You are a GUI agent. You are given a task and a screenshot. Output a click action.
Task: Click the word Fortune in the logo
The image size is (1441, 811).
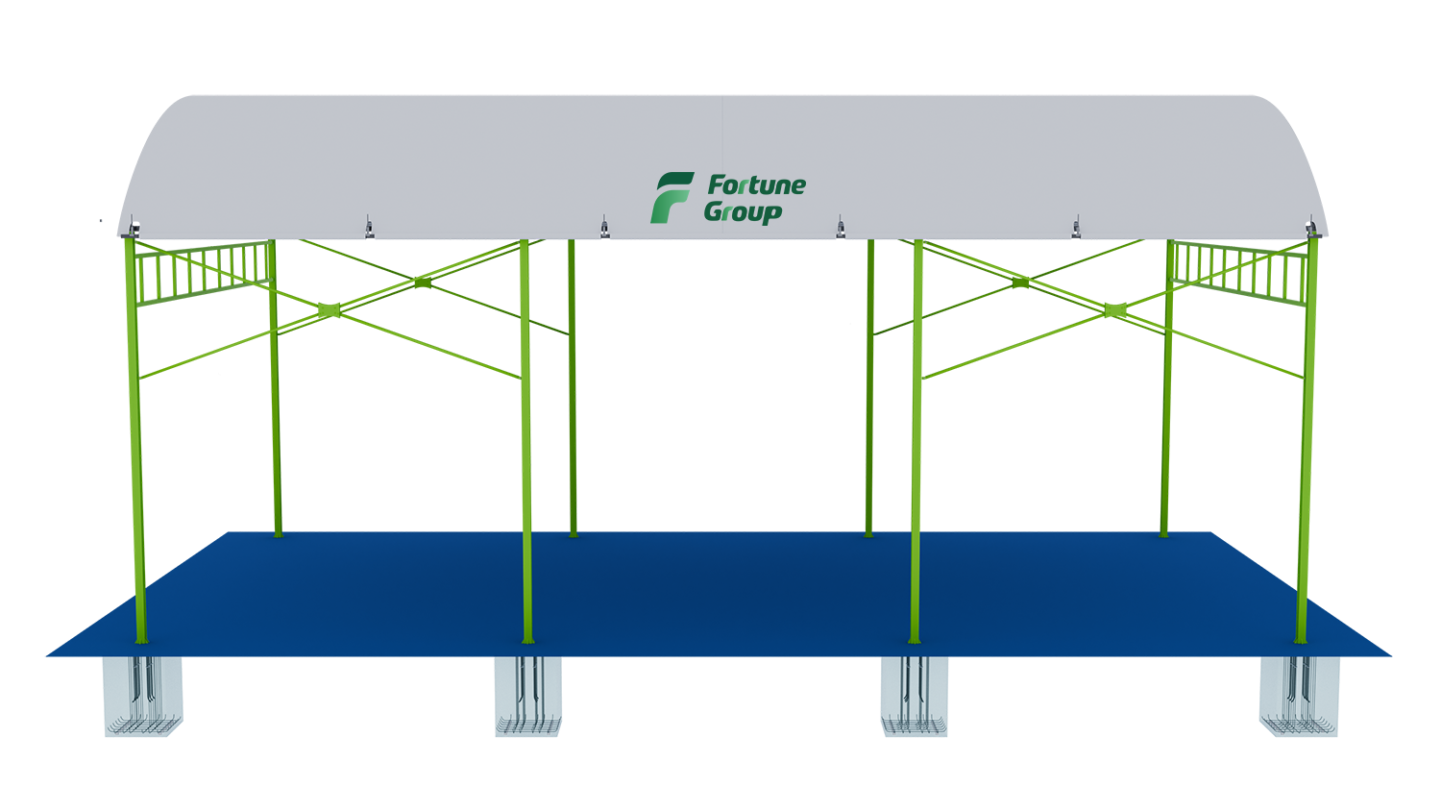756,184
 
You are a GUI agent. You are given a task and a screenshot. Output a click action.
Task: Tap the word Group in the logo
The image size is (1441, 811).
743,211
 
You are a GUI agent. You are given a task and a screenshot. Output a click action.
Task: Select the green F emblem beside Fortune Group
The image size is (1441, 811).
671,198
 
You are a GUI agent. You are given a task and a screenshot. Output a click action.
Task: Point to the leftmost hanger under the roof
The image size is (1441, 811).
133,229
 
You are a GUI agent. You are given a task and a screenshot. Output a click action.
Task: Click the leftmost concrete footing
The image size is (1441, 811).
144,697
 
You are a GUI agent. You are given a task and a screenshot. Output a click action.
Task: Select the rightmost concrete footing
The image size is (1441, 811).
1300,697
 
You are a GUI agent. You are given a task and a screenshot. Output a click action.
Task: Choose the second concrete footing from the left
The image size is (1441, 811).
527,697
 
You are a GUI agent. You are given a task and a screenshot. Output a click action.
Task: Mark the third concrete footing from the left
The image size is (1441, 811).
914,697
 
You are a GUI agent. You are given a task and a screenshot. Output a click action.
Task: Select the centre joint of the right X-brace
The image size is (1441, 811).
1112,309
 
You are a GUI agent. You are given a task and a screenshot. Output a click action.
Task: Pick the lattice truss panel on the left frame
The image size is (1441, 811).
204,268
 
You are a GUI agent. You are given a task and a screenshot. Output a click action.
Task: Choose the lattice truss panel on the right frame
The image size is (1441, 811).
1237,268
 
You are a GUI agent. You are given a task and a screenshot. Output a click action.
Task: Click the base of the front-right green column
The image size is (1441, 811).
1301,634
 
